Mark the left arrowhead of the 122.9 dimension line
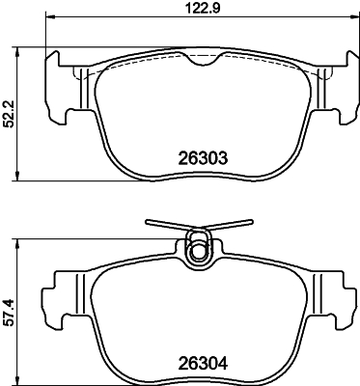(49, 21)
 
